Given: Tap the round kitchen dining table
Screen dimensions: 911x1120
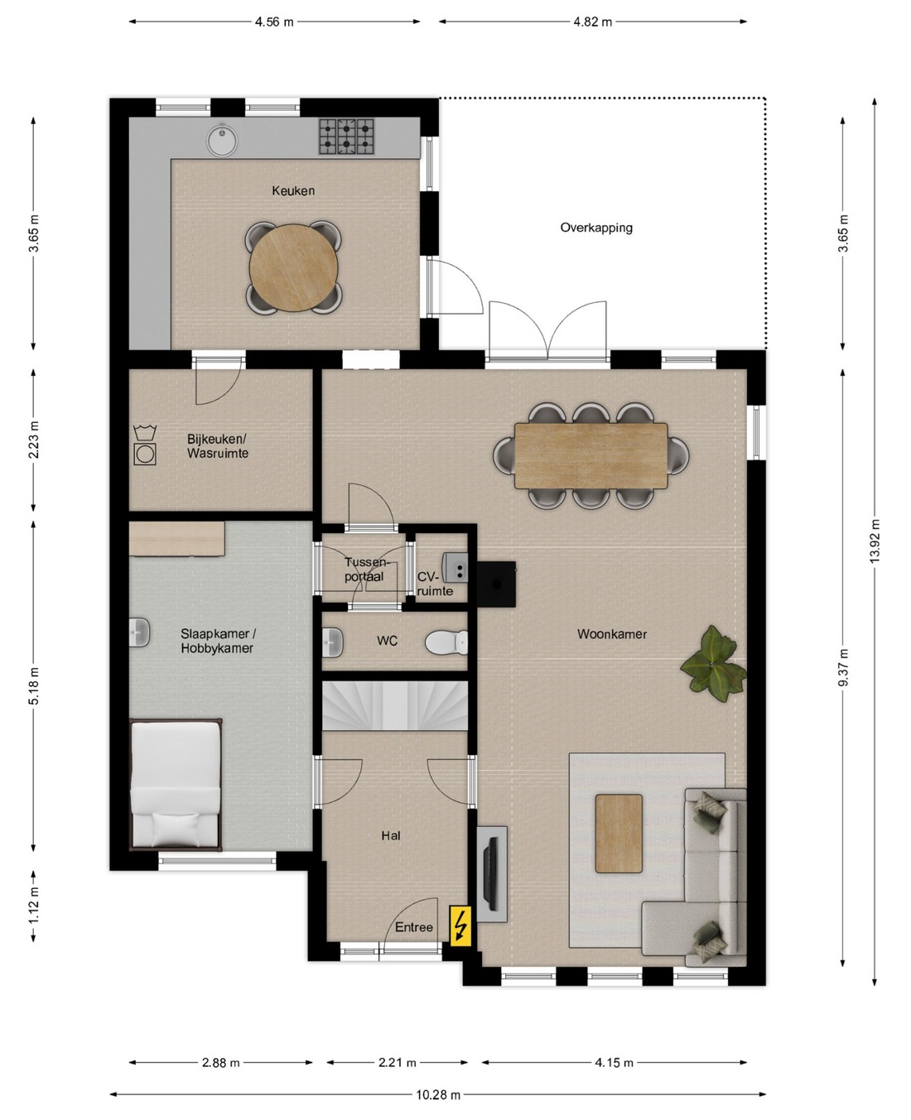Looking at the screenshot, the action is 293,268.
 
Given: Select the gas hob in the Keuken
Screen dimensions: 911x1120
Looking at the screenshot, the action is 346,137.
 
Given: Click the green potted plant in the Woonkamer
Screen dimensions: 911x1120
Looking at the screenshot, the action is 714,664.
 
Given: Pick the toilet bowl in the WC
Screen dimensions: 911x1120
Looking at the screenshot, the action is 446,642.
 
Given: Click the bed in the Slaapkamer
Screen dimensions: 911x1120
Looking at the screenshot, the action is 175,785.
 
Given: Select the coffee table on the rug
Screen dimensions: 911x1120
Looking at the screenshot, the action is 619,834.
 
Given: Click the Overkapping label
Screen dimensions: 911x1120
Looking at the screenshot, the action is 596,228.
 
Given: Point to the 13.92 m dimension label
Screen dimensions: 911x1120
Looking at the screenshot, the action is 875,541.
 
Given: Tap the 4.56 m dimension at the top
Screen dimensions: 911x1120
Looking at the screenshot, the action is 274,22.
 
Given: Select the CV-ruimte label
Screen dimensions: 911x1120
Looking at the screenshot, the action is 435,584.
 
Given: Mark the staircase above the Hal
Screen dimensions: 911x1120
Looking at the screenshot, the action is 395,705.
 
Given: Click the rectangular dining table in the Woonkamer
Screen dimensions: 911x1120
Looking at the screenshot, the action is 591,456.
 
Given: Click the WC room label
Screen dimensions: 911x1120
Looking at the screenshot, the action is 387,641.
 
